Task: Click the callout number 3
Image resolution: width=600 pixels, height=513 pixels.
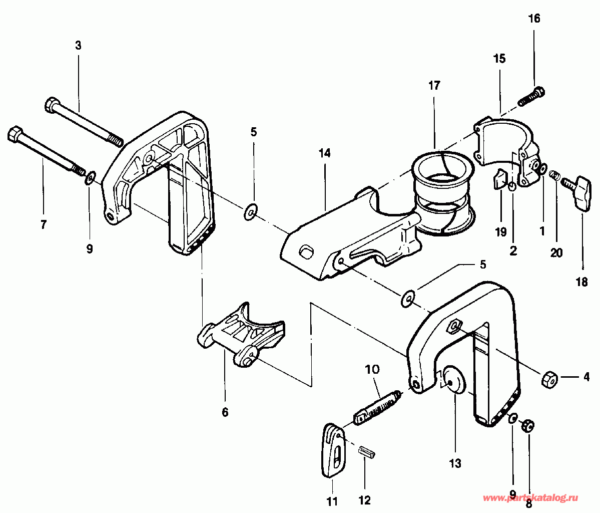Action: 78,46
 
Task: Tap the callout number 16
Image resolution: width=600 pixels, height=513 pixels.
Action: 534,19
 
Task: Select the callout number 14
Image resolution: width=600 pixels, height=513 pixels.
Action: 324,153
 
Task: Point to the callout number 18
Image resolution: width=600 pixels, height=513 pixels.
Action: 581,283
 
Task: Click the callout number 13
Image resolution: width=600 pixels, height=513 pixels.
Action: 455,463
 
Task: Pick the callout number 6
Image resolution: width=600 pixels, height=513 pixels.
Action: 225,412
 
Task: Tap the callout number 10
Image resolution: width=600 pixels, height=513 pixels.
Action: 372,369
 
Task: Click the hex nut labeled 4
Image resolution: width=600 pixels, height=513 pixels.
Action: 549,379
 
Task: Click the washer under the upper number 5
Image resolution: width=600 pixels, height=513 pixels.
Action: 251,212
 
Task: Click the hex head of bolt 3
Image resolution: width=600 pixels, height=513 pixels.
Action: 53,105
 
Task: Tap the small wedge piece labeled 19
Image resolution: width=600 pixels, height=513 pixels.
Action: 499,179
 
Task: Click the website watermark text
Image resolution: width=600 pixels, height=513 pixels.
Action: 530,498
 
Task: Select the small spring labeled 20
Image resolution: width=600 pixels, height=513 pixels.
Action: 553,175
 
